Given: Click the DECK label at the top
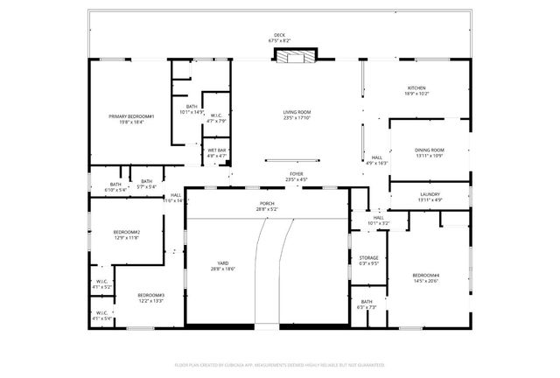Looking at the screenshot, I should (279, 36).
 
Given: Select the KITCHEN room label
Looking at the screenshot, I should (416, 88).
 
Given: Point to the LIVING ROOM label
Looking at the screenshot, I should (297, 112).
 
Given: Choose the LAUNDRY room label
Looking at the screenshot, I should (430, 194).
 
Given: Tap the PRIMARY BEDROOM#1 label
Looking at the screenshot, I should (131, 116).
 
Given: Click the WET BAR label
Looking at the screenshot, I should (216, 150).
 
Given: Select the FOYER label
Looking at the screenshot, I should (297, 174).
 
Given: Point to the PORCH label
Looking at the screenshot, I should (266, 204).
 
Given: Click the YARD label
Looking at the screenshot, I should (222, 263).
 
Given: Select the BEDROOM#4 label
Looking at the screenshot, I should (426, 276).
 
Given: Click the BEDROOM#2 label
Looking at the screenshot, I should (127, 232).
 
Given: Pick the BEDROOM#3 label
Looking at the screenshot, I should (150, 295).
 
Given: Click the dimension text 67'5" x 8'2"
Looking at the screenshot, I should (279, 41).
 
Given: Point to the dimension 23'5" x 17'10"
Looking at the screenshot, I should (297, 117).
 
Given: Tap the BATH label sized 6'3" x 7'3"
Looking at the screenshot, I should (366, 302).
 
